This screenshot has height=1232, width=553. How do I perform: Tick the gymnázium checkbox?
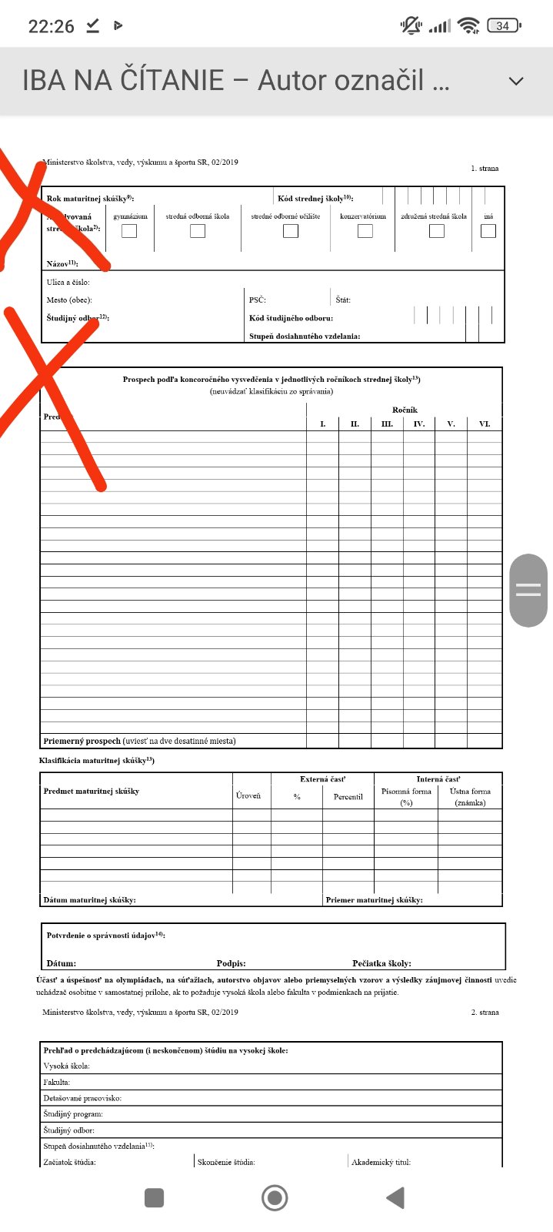pos(129,230)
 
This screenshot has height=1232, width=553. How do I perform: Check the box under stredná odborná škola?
pos(198,230)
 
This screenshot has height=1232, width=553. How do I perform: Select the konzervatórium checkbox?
pos(365,230)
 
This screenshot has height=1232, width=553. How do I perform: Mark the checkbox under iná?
pos(488,230)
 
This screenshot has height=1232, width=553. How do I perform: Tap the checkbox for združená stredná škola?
pos(437,230)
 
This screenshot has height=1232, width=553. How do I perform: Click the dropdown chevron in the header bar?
pos(517,81)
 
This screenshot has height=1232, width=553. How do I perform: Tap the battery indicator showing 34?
pos(504,25)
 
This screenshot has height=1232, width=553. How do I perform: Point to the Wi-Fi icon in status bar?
pos(468,25)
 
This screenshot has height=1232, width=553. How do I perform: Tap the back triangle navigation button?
pos(395,1197)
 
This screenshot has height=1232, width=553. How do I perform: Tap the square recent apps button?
pos(155,1197)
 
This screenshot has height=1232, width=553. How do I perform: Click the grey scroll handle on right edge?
pos(528,590)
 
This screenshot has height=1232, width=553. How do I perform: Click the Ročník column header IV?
pos(418,423)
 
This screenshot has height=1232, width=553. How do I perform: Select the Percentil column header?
pos(348,797)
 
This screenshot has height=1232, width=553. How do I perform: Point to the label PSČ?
pos(258,300)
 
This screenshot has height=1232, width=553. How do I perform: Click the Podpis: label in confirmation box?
pos(231,963)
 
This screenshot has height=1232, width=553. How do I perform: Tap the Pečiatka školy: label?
pos(381,963)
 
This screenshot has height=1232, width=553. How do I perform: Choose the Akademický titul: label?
pos(381,1162)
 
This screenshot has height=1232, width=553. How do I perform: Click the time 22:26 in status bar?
pos(52,26)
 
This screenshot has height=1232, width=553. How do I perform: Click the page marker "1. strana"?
pos(485,168)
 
